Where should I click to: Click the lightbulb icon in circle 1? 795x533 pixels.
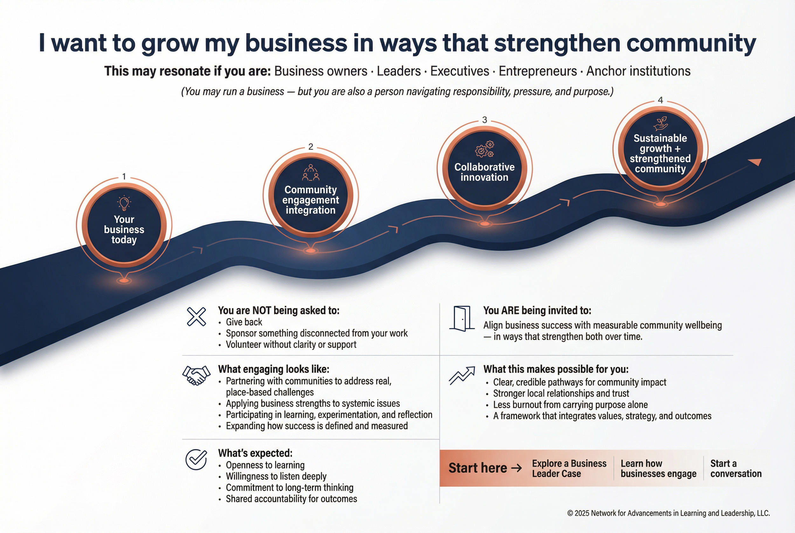point(124,203)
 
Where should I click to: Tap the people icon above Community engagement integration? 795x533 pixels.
point(310,172)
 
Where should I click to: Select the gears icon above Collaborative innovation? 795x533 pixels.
point(485,149)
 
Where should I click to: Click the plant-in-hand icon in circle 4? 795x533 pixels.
point(660,123)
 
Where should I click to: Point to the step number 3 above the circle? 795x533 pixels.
point(485,120)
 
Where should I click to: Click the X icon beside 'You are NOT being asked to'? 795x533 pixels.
point(196,317)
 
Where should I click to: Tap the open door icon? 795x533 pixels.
point(462,318)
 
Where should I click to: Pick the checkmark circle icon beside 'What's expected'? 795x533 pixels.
point(196,460)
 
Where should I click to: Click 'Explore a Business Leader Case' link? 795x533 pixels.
point(569,468)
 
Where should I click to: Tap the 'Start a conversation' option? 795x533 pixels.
point(736,468)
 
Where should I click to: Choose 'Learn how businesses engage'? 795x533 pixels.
point(658,468)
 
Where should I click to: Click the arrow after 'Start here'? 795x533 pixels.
point(516,468)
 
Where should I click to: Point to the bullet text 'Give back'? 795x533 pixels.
point(244,322)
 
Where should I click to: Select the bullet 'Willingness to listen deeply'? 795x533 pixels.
point(276,476)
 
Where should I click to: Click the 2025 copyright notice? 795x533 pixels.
point(668,513)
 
